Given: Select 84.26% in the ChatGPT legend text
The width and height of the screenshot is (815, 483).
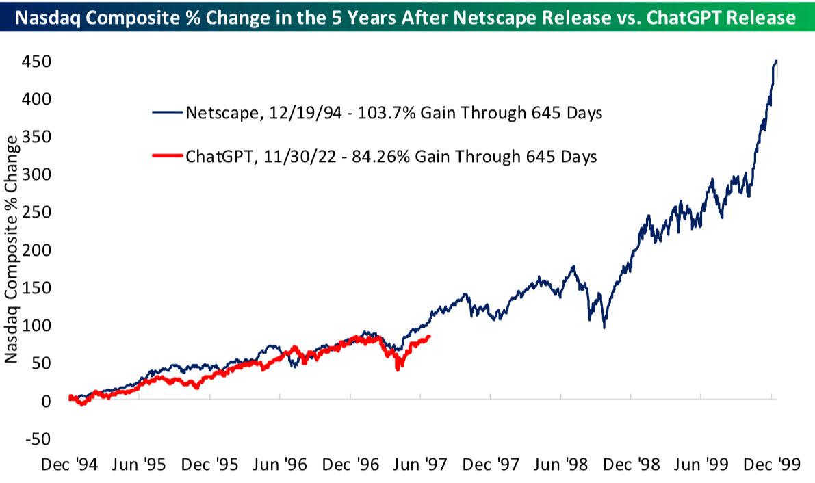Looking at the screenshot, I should tap(384, 157).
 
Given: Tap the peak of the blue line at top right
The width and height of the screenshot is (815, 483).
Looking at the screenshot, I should tap(775, 60).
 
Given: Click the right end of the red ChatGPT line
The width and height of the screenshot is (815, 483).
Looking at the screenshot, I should tap(429, 336).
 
